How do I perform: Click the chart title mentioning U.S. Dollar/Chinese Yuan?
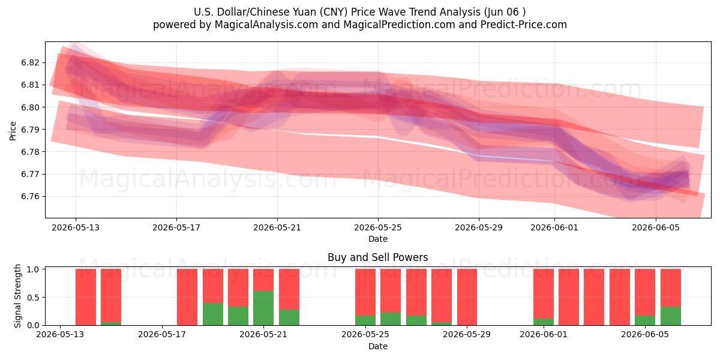(359, 12)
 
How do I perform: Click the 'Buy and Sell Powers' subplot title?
(377, 257)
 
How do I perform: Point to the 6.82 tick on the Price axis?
(30, 62)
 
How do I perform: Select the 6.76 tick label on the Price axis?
(30, 196)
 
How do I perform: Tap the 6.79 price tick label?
(30, 130)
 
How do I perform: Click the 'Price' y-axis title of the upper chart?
(13, 131)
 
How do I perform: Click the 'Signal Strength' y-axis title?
(17, 296)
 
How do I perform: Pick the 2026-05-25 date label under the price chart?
(377, 227)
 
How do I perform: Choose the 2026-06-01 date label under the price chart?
(554, 227)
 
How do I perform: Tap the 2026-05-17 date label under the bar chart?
(161, 334)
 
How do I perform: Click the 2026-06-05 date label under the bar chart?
(645, 334)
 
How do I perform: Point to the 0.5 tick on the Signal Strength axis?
(33, 298)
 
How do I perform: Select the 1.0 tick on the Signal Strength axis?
(33, 269)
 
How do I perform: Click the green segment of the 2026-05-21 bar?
(263, 308)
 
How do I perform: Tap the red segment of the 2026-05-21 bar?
(263, 280)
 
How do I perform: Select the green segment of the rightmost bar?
(671, 316)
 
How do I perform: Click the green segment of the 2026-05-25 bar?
(365, 320)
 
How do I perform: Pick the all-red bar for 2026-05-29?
(467, 297)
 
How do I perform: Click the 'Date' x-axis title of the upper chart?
(377, 239)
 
